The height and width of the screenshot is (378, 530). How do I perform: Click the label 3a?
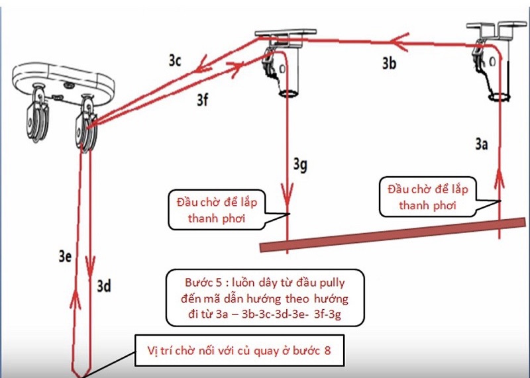coord(482,144)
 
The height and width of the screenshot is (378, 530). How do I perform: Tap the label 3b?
coord(389,63)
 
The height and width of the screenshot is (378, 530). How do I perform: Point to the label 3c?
coord(175,60)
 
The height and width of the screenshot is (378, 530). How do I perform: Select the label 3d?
coord(104,286)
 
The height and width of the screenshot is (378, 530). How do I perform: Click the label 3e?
coord(65,256)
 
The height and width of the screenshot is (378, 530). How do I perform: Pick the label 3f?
coord(203,100)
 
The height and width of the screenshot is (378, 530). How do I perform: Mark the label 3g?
coord(300,165)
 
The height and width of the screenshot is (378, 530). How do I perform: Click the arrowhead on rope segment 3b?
coord(399,42)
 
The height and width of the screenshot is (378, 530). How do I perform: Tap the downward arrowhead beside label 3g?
coord(288,194)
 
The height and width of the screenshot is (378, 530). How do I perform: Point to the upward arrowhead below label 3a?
coord(500,179)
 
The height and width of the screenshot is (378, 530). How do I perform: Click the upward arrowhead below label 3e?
coord(75,299)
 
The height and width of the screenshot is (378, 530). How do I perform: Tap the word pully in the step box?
coord(333,283)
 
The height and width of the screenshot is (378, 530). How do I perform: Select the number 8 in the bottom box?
coord(327,350)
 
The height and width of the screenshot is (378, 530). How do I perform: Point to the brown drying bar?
coord(393,234)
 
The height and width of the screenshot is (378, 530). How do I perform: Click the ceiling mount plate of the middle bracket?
coord(286,32)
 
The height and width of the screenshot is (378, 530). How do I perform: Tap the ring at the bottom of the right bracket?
coord(500,97)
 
